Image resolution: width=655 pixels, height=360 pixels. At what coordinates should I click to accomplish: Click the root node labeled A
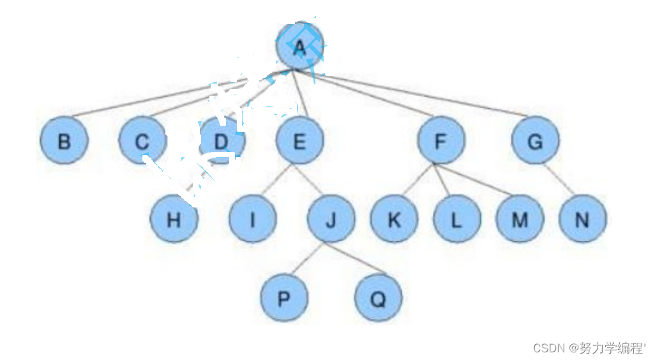coord(299,47)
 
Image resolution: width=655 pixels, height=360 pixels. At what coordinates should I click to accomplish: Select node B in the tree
coord(64,141)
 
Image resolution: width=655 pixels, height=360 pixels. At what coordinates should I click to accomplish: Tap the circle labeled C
coord(142,141)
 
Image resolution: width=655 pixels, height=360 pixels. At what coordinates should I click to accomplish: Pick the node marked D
coord(221,141)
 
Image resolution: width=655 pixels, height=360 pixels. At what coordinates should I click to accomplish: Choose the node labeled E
coord(299,141)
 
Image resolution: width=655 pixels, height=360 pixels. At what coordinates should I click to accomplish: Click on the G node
coord(535,141)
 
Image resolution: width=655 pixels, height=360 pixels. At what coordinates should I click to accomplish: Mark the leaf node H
coord(174,220)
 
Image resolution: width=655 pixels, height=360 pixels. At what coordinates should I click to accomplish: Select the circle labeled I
coord(252,220)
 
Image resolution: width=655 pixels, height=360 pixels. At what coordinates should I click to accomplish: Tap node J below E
coord(331,220)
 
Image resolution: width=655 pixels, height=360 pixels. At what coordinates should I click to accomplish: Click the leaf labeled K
coord(394,220)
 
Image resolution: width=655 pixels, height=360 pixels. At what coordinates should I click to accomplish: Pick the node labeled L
coord(456,220)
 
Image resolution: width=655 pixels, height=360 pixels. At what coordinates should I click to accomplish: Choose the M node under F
coord(520,220)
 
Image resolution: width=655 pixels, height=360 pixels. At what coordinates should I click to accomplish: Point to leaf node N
coord(582,220)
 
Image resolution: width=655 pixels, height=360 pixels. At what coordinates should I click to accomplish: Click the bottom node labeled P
coord(283,298)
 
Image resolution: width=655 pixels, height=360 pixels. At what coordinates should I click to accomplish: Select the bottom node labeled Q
coord(378,298)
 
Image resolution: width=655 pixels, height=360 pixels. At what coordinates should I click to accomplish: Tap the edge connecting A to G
coord(421,96)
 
